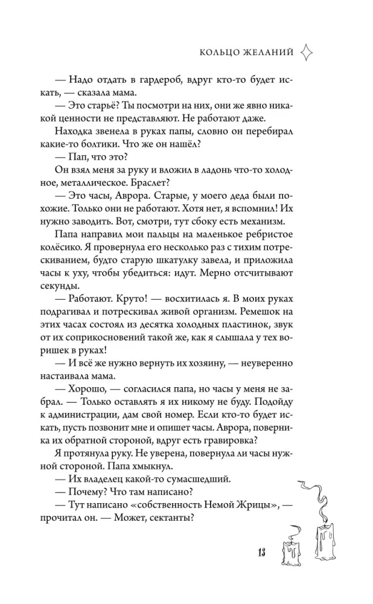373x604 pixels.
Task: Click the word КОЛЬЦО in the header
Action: [x=222, y=53]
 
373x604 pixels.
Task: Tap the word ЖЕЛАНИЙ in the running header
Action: [x=270, y=53]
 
